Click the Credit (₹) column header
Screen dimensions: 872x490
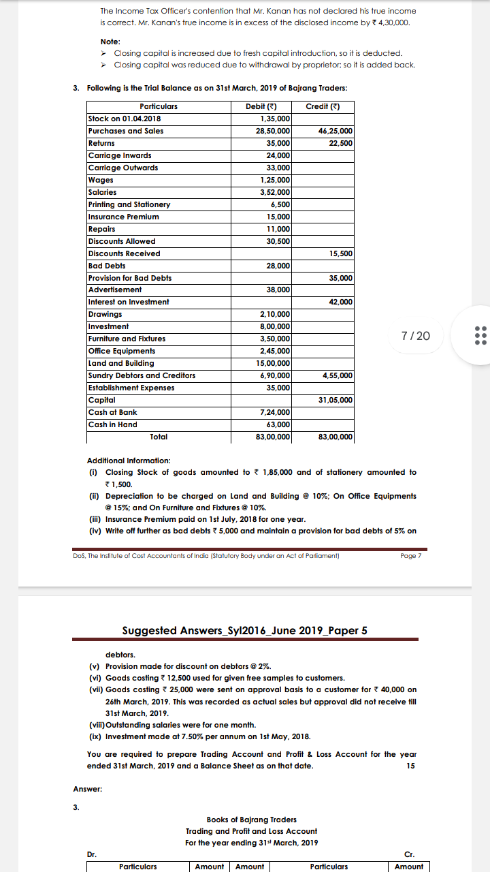323,106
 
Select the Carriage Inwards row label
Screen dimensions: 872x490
120,155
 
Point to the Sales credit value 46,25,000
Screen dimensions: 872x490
335,131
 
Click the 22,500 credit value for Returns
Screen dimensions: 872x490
340,143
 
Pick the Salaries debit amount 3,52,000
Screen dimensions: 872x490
275,192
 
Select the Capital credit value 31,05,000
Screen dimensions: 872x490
335,400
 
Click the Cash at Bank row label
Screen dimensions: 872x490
112,412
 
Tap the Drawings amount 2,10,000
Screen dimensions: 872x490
275,314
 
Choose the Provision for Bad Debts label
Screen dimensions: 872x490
130,278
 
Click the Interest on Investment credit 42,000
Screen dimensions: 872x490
340,302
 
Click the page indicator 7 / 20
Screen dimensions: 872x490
416,336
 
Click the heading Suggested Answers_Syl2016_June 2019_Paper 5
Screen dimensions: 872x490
244,630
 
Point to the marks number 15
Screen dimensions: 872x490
411,766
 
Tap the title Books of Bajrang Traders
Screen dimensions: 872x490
251,820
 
